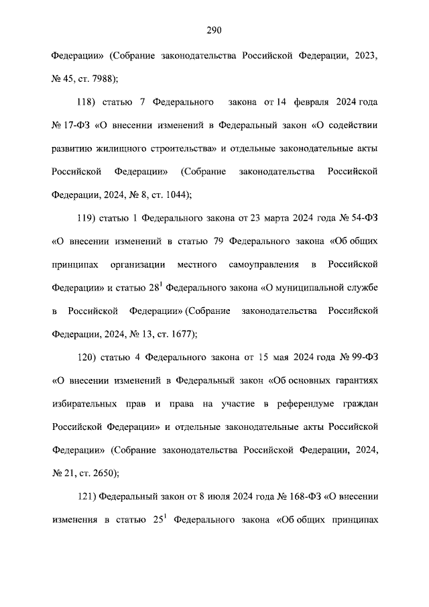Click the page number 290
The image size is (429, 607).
click(x=214, y=30)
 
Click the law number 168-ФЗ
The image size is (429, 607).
click(x=300, y=496)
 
